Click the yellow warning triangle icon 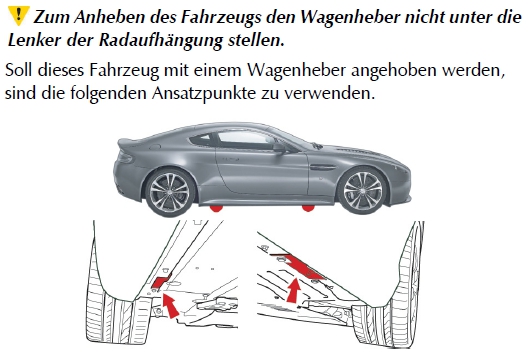pos(18,16)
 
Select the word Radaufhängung pos(161,41)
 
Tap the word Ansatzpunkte pos(203,93)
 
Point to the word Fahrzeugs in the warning pos(221,17)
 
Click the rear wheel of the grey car pos(170,193)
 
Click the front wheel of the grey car pos(362,191)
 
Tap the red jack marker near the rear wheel pos(216,209)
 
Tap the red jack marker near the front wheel pos(308,208)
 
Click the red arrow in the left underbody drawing pos(171,306)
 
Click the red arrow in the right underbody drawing pos(294,290)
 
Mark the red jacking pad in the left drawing pos(161,282)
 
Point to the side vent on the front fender pos(322,167)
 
